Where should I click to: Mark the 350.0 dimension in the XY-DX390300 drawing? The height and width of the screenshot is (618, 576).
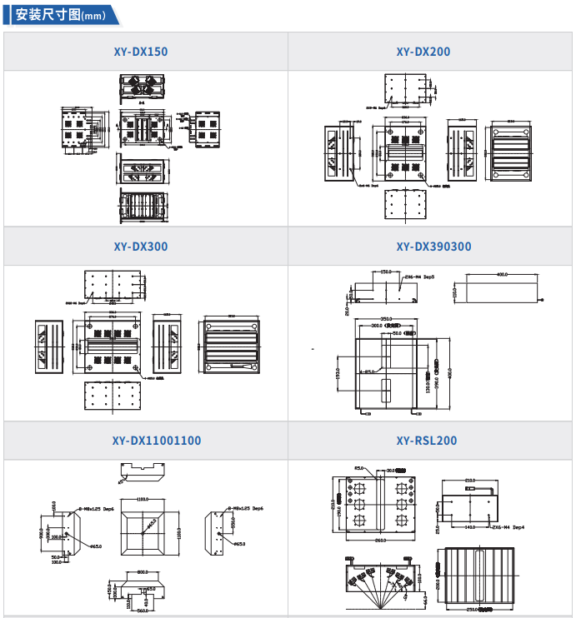point(387,318)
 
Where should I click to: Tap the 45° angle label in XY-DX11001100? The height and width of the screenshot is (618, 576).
point(121,480)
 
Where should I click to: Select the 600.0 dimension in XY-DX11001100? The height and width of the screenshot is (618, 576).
point(143,572)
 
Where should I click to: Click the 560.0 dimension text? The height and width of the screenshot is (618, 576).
point(143,611)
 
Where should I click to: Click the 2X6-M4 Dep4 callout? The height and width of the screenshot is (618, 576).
point(508,527)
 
